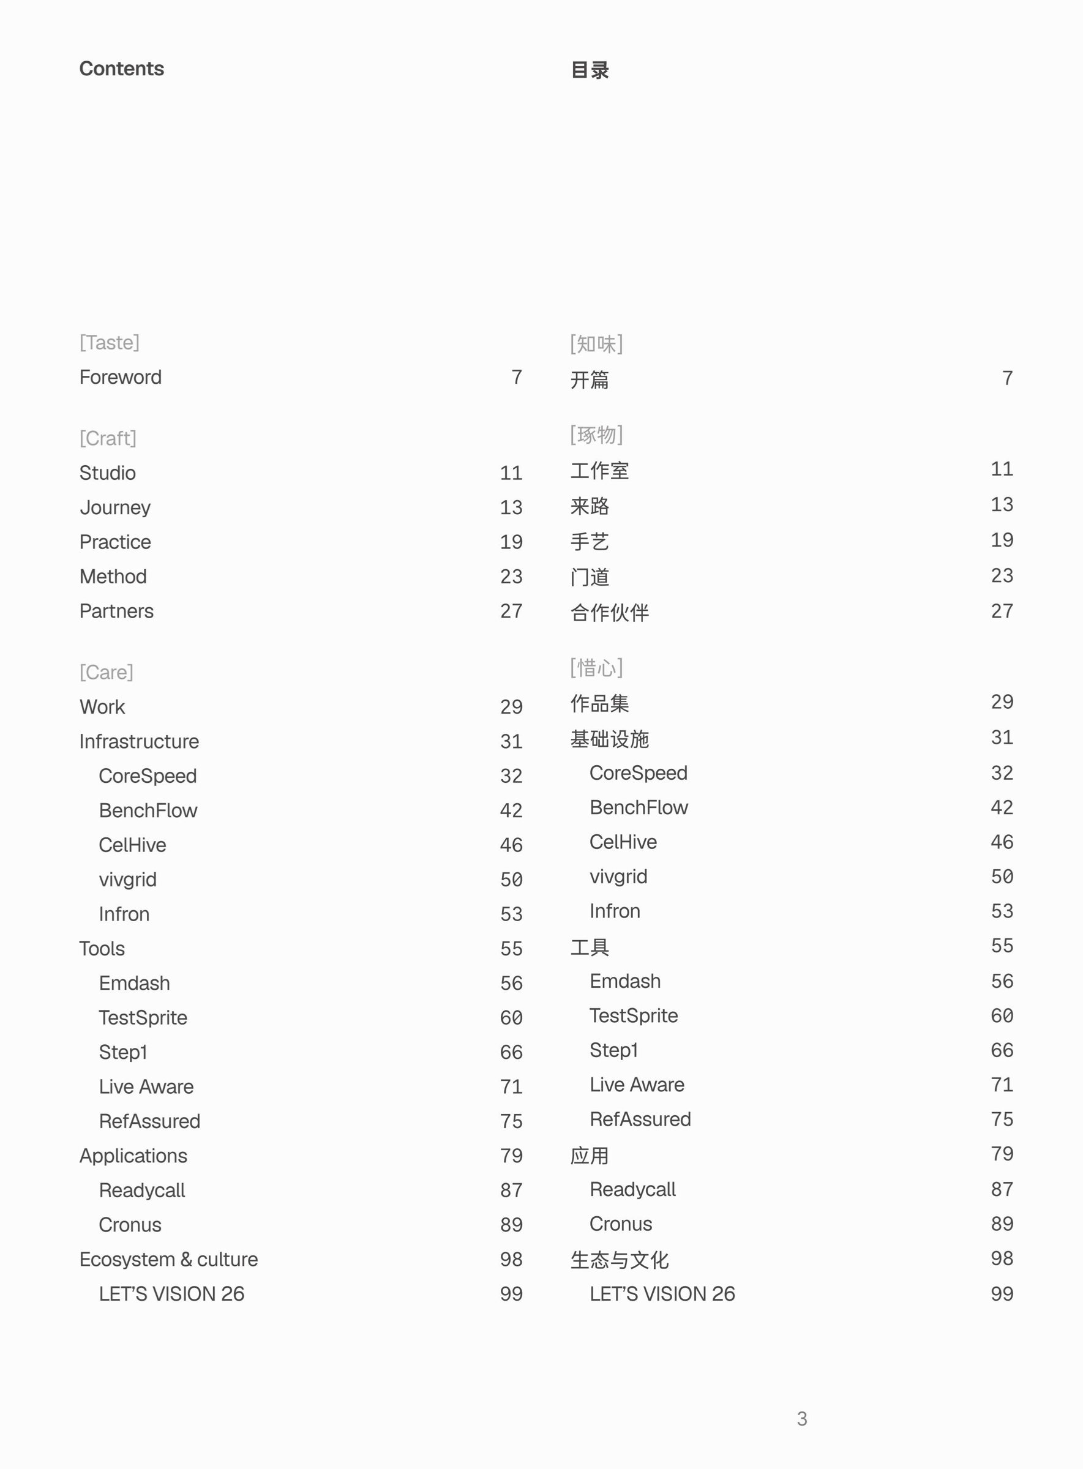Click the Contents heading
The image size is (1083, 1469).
pyautogui.click(x=121, y=69)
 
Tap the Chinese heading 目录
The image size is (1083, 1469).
pyautogui.click(x=590, y=70)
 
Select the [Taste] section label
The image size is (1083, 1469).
pyautogui.click(x=109, y=342)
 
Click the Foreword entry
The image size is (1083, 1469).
pyautogui.click(x=120, y=377)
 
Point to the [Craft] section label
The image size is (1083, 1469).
pyautogui.click(x=108, y=438)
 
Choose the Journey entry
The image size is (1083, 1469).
pyautogui.click(x=114, y=507)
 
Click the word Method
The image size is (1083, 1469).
pyautogui.click(x=113, y=576)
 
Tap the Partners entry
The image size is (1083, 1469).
pyautogui.click(x=116, y=611)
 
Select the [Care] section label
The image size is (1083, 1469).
pyautogui.click(x=106, y=672)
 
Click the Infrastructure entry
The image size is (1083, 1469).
pyautogui.click(x=139, y=741)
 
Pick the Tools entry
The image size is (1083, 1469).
pyautogui.click(x=102, y=949)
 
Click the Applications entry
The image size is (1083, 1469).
pyautogui.click(x=133, y=1156)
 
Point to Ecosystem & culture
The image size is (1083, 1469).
pyautogui.click(x=168, y=1259)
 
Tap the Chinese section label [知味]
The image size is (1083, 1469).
pyautogui.click(x=596, y=343)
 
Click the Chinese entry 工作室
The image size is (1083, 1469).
pyautogui.click(x=599, y=471)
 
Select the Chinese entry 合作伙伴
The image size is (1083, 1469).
pyautogui.click(x=609, y=612)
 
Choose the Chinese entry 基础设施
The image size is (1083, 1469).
pyautogui.click(x=609, y=739)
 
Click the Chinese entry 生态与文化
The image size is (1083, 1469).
pyautogui.click(x=619, y=1259)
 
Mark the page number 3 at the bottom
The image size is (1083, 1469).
pyautogui.click(x=802, y=1419)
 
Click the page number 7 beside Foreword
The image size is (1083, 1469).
pyautogui.click(x=517, y=377)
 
